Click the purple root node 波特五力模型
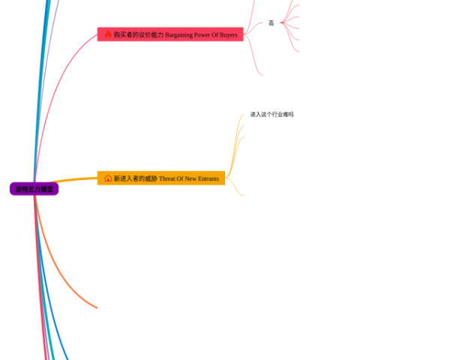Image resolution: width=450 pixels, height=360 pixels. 34,189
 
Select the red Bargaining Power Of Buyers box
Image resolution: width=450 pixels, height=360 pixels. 170,34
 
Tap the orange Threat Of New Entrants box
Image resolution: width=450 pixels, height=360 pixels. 161,178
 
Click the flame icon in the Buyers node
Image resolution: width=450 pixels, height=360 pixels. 108,34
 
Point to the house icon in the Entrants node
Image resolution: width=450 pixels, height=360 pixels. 108,178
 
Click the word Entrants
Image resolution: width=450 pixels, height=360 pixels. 208,178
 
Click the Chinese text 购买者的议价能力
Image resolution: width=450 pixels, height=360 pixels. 139,34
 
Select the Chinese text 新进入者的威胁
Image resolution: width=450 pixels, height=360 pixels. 136,178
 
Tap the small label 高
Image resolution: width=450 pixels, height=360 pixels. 271,23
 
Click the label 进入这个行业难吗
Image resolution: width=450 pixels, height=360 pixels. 271,114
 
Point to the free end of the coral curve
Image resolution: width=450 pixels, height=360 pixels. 97,307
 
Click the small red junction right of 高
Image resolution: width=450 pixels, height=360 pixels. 282,23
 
